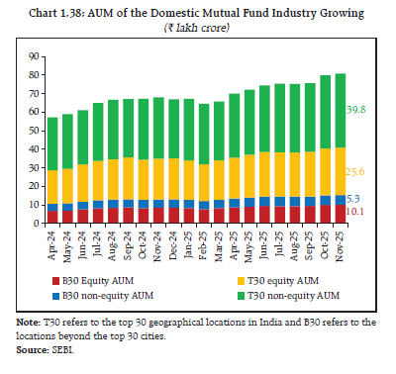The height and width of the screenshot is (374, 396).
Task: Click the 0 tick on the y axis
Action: (37, 224)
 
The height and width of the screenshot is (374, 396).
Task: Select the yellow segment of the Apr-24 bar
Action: (53, 186)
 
